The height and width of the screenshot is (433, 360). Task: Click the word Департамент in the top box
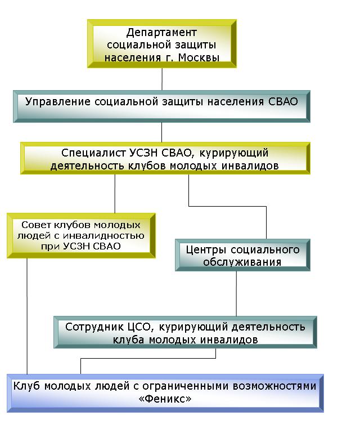pyautogui.click(x=161, y=33)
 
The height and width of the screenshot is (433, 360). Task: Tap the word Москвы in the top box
pyautogui.click(x=199, y=58)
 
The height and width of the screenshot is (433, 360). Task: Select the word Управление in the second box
pyautogui.click(x=57, y=101)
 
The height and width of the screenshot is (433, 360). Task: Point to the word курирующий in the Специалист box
pyautogui.click(x=233, y=153)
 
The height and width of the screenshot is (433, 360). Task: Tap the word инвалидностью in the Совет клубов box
pyautogui.click(x=103, y=235)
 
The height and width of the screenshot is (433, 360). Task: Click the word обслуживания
pyautogui.click(x=242, y=262)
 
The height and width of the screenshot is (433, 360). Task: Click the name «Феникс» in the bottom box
pyautogui.click(x=165, y=399)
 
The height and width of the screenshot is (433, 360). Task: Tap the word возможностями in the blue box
pyautogui.click(x=274, y=386)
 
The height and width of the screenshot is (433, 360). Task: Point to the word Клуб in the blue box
pyautogui.click(x=27, y=386)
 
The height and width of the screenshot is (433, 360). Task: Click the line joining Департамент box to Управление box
pyautogui.click(x=162, y=79)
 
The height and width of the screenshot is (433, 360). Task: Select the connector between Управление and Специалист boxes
pyautogui.click(x=161, y=132)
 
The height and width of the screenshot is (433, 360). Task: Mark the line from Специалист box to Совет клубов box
pyautogui.click(x=115, y=194)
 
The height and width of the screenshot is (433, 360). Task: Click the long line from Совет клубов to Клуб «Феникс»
pyautogui.click(x=27, y=316)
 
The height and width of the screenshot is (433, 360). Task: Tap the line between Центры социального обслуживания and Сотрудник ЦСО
pyautogui.click(x=236, y=293)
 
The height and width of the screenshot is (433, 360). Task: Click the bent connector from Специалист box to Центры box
pyautogui.click(x=228, y=206)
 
